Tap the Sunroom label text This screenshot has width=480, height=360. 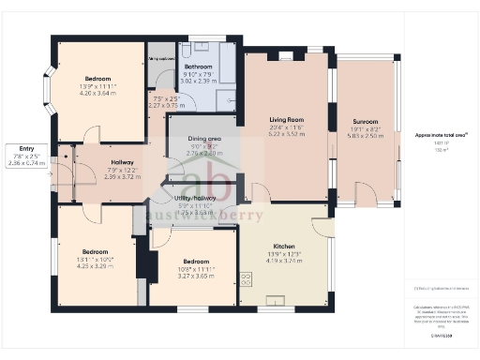[x=366, y=122]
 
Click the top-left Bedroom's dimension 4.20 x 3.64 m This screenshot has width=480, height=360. [x=98, y=93]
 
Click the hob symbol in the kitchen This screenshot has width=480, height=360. [x=247, y=278]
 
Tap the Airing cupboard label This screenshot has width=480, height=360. [x=161, y=58]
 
